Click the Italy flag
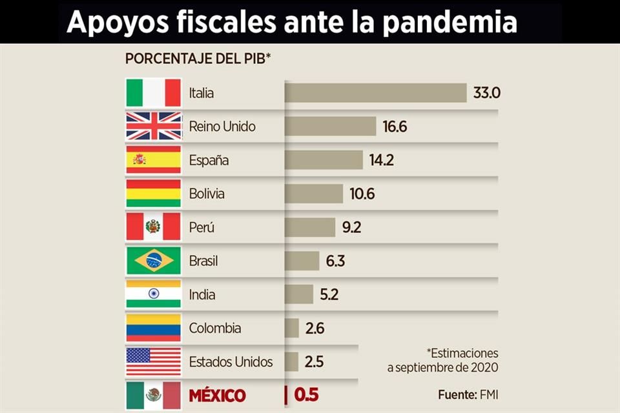(153, 93)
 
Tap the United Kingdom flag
(153, 126)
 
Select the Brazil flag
(153, 261)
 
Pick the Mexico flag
(153, 395)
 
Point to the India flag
(153, 294)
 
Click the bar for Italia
(375, 92)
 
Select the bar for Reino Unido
(330, 126)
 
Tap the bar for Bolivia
(313, 194)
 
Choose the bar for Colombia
(291, 328)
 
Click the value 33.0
(487, 93)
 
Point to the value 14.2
(382, 160)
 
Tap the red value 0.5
(307, 395)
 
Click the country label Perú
(201, 227)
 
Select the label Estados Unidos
(231, 361)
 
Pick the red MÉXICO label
(217, 395)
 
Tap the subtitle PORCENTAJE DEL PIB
(198, 59)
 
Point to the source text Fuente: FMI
(468, 394)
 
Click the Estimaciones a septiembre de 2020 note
(443, 361)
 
